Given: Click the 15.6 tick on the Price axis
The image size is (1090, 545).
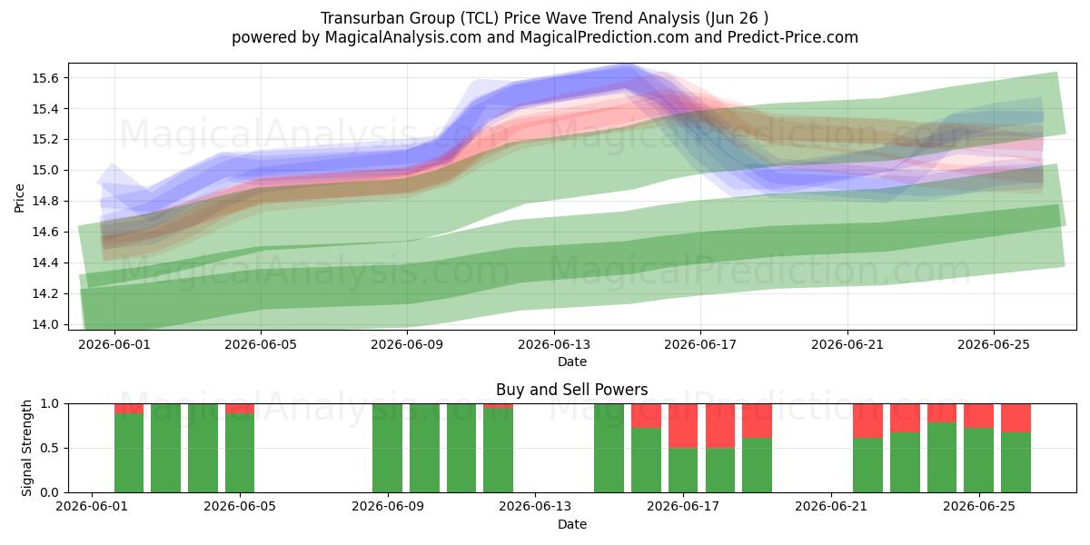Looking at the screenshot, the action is [45, 78].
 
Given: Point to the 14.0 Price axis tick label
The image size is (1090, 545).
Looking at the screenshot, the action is [45, 324].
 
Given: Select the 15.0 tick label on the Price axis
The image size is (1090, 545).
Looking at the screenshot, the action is [45, 171].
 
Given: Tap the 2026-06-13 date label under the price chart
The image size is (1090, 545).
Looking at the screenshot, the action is [554, 344].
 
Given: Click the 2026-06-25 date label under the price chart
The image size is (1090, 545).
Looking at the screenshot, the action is [994, 344].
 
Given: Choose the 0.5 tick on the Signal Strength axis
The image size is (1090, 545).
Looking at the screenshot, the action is [50, 448].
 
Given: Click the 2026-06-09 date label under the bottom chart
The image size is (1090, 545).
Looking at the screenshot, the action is [388, 507].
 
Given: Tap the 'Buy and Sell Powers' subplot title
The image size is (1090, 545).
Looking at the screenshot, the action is [571, 390].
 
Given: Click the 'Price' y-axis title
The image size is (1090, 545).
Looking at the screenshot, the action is [19, 198].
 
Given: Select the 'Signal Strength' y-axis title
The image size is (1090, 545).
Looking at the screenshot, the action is [26, 448].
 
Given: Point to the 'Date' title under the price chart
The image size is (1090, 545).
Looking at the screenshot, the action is [571, 362].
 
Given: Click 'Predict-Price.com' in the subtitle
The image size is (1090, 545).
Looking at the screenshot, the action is [793, 37].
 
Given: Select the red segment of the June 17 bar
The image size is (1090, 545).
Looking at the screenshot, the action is [683, 426].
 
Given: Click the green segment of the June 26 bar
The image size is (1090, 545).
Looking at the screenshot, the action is [1016, 462].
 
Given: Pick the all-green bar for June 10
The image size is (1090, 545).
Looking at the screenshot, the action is [424, 448].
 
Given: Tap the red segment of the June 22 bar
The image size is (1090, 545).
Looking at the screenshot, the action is [867, 421].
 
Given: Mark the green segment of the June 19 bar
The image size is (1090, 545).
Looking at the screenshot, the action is [757, 465].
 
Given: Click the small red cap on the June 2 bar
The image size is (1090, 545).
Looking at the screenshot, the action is [129, 409].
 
